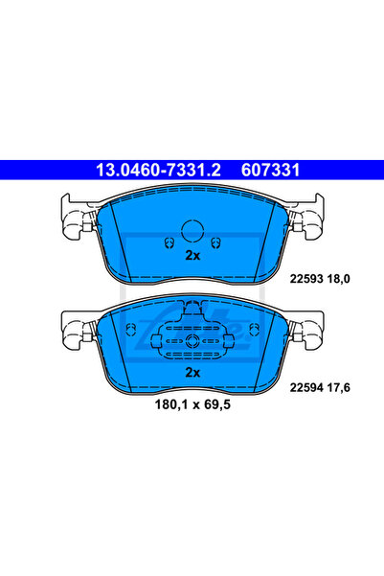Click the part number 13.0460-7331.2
[158, 170]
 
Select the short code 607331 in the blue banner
[271, 170]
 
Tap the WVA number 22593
[306, 279]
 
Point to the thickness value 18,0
[338, 279]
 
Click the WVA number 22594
[306, 387]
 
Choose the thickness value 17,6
[338, 388]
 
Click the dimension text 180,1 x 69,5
[192, 404]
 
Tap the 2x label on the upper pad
[192, 255]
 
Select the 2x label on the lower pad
[192, 373]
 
